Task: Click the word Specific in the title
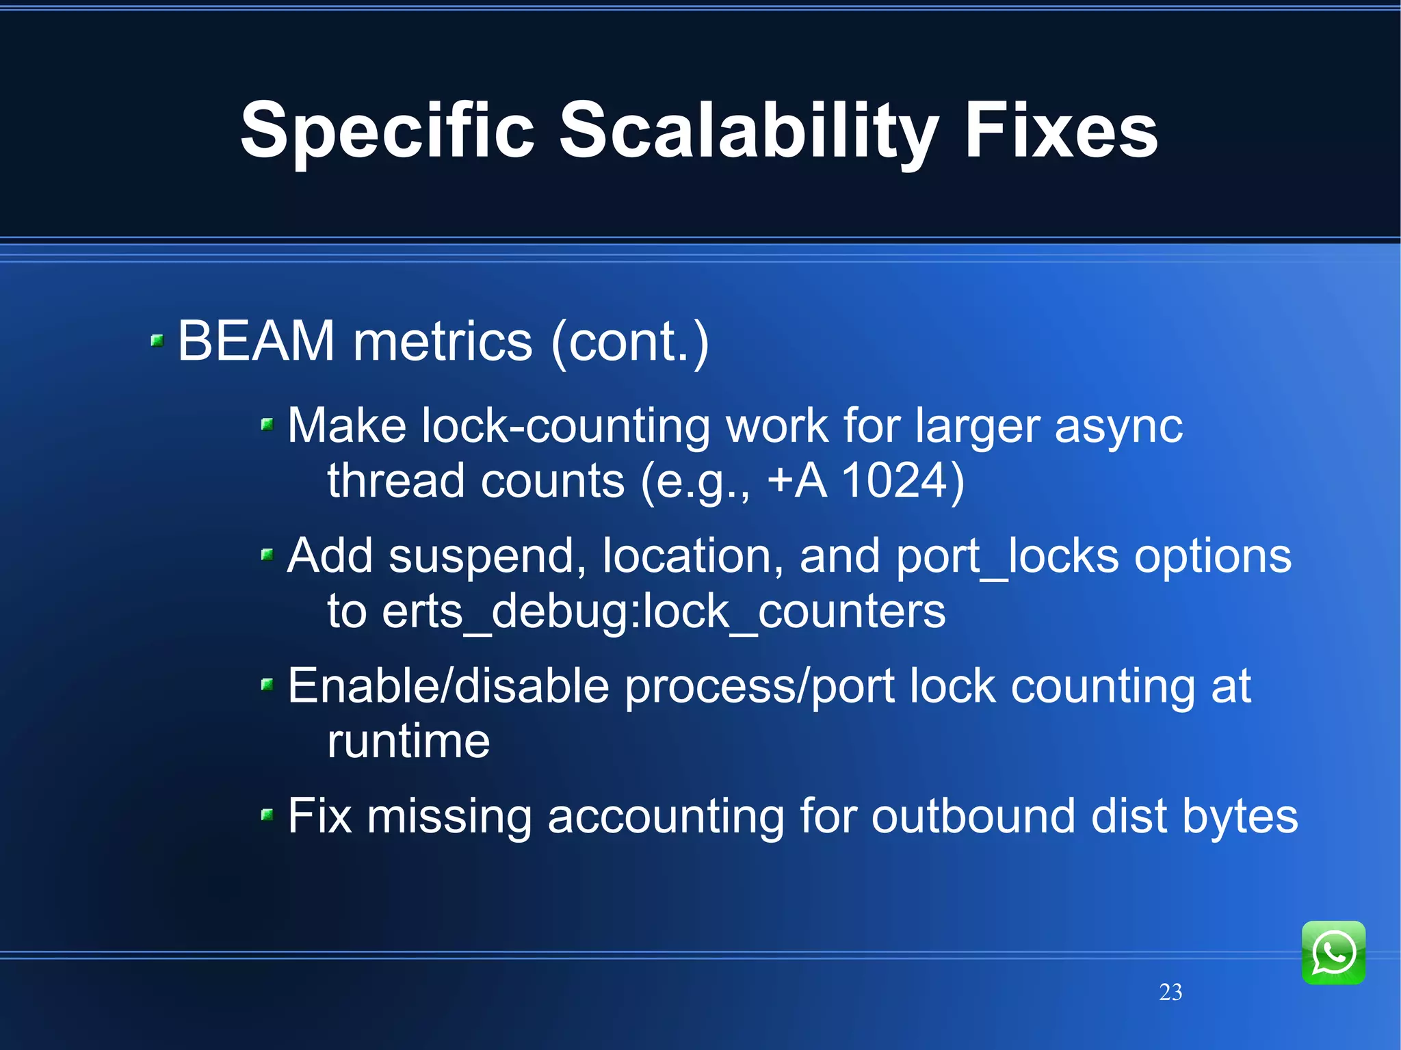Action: click(387, 130)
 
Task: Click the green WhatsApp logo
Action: click(1333, 952)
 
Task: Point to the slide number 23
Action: click(1170, 992)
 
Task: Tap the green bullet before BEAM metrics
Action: click(157, 340)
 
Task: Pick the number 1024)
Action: click(902, 480)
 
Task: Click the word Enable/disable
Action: click(448, 686)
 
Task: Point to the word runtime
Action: click(408, 741)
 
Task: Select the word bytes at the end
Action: click(1240, 817)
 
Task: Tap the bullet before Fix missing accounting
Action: click(267, 814)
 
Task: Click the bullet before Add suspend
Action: click(267, 554)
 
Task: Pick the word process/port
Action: click(759, 687)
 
